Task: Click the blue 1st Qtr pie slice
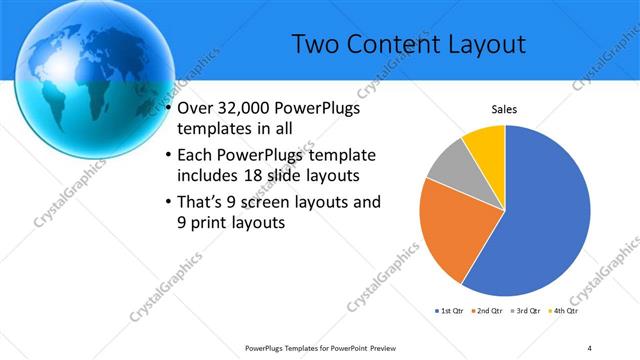pyautogui.click(x=540, y=220)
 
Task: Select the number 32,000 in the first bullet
pyautogui.click(x=243, y=109)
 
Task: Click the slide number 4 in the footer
pyautogui.click(x=590, y=348)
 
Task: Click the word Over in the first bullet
pyautogui.click(x=195, y=109)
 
